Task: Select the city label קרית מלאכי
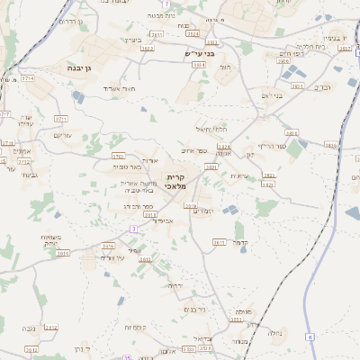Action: pos(175,182)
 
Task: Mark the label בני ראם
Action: pos(272,94)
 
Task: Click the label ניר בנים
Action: pos(193,310)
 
